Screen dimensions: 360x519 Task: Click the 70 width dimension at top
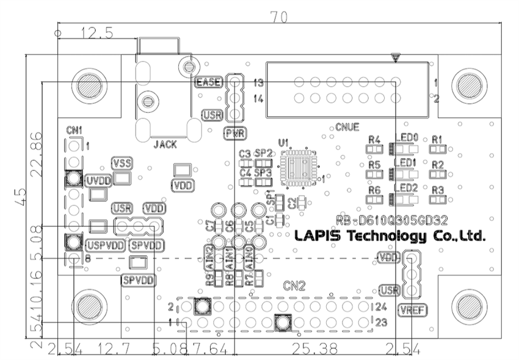coord(279,18)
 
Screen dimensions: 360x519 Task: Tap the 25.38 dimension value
coord(316,350)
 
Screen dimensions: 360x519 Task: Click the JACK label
coord(165,145)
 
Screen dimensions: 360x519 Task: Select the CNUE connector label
coord(347,128)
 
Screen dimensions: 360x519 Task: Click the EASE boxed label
coord(207,82)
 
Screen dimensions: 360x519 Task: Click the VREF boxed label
coord(413,309)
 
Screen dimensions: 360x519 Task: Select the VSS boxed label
coord(122,162)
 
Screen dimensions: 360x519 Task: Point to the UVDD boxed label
coord(98,180)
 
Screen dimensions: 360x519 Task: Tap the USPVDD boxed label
coord(106,245)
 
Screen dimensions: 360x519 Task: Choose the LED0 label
coord(407,139)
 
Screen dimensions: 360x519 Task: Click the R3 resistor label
coord(437,190)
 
